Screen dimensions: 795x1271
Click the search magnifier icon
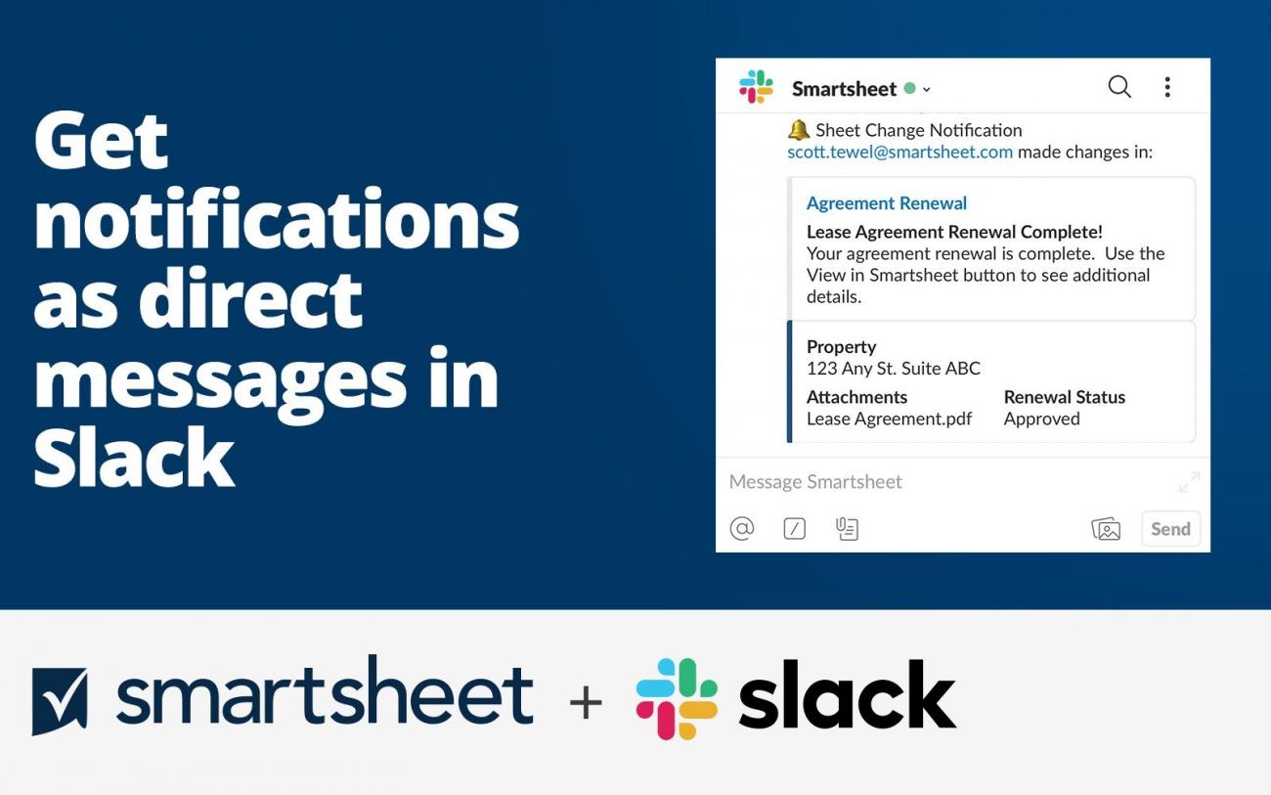1119,87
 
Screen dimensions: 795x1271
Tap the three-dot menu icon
1167,87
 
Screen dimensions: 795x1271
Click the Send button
1170,529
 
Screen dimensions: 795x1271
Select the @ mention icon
742,529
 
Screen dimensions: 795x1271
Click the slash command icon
795,529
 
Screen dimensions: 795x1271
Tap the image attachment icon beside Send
1106,529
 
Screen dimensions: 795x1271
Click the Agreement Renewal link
886,203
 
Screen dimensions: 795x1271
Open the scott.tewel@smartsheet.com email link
899,152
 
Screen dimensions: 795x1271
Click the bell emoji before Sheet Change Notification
799,130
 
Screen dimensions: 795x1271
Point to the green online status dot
909,88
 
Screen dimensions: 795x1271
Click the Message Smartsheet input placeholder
815,482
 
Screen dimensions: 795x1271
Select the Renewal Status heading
1064,397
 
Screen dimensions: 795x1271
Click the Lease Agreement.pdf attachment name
889,419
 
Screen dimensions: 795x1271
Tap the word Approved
1041,419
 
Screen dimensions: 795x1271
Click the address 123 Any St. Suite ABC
893,369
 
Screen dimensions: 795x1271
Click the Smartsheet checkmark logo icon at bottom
60,700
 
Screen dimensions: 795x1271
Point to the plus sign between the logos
586,702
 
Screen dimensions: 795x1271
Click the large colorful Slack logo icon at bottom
677,698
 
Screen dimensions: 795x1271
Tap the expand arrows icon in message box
1189,482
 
